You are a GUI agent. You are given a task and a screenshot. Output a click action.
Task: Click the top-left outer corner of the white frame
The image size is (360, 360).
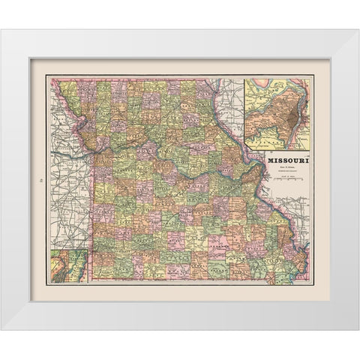(x=1, y=30)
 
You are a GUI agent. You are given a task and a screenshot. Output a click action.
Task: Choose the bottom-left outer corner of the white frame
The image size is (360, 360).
(x=1, y=329)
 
